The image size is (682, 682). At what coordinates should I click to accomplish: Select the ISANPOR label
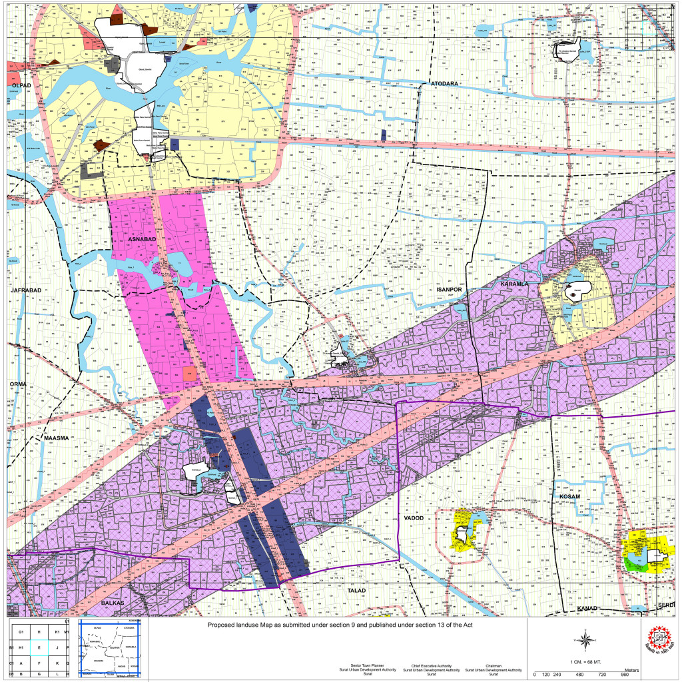pos(448,290)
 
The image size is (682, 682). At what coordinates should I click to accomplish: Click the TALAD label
pos(358,589)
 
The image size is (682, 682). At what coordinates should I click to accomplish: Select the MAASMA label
pos(56,438)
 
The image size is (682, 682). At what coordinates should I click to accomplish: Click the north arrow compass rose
pos(584,641)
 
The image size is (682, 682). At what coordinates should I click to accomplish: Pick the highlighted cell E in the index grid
pos(39,646)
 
